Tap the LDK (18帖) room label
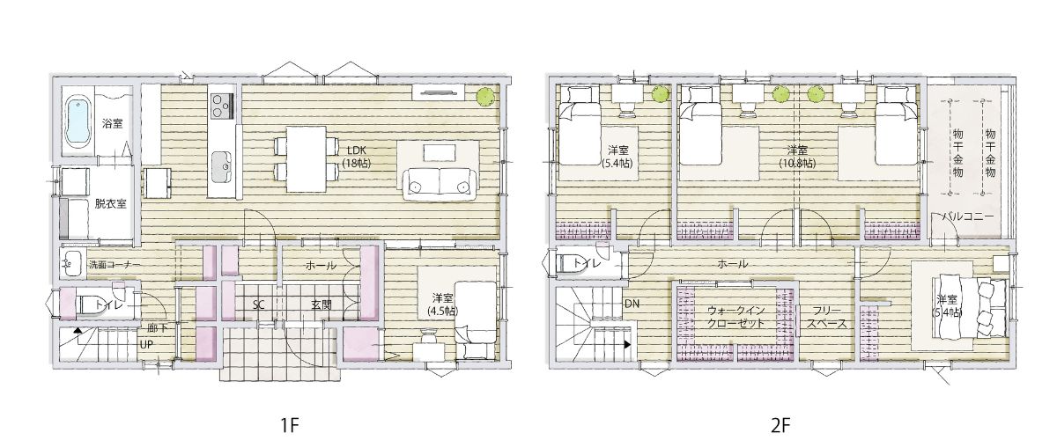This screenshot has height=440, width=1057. pos(357,157)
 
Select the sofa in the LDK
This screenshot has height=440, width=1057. pos(440,185)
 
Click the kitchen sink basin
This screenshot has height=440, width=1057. pos(221,166)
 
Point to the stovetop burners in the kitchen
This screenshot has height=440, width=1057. pos(221,106)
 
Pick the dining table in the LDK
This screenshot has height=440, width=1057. pos(306,159)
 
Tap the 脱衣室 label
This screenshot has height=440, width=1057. pos(111,204)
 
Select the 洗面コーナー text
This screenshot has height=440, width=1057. pos(115,265)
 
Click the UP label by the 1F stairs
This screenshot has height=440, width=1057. pos(146,345)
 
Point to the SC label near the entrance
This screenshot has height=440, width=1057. pos(258,305)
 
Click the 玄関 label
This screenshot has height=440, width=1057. pos(322,304)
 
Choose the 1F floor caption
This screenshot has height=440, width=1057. pos(289,426)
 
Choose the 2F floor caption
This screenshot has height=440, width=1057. pos(780,426)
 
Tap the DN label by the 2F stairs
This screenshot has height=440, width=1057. pos(632,304)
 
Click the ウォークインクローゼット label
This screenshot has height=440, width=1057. pos(735,317)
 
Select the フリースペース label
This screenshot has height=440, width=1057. pos(826,317)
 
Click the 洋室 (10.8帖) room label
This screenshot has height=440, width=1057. pos(797,157)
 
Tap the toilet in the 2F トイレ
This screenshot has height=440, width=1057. pos(568,264)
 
